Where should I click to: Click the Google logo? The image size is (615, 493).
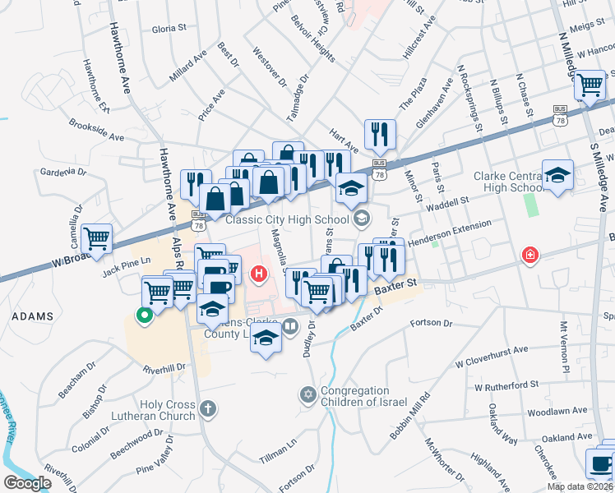pos(27,483)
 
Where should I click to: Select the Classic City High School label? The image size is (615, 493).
pos(284,219)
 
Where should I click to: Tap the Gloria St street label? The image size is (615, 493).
pos(169,29)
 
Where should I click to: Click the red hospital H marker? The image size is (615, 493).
pos(260,273)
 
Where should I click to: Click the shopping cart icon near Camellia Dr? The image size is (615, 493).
pos(98,238)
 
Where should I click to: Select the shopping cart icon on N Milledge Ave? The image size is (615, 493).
pos(590,85)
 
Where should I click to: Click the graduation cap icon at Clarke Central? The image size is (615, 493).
pos(557,174)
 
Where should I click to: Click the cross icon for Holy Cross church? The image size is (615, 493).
pos(209,408)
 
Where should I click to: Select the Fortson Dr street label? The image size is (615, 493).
pos(437,325)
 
